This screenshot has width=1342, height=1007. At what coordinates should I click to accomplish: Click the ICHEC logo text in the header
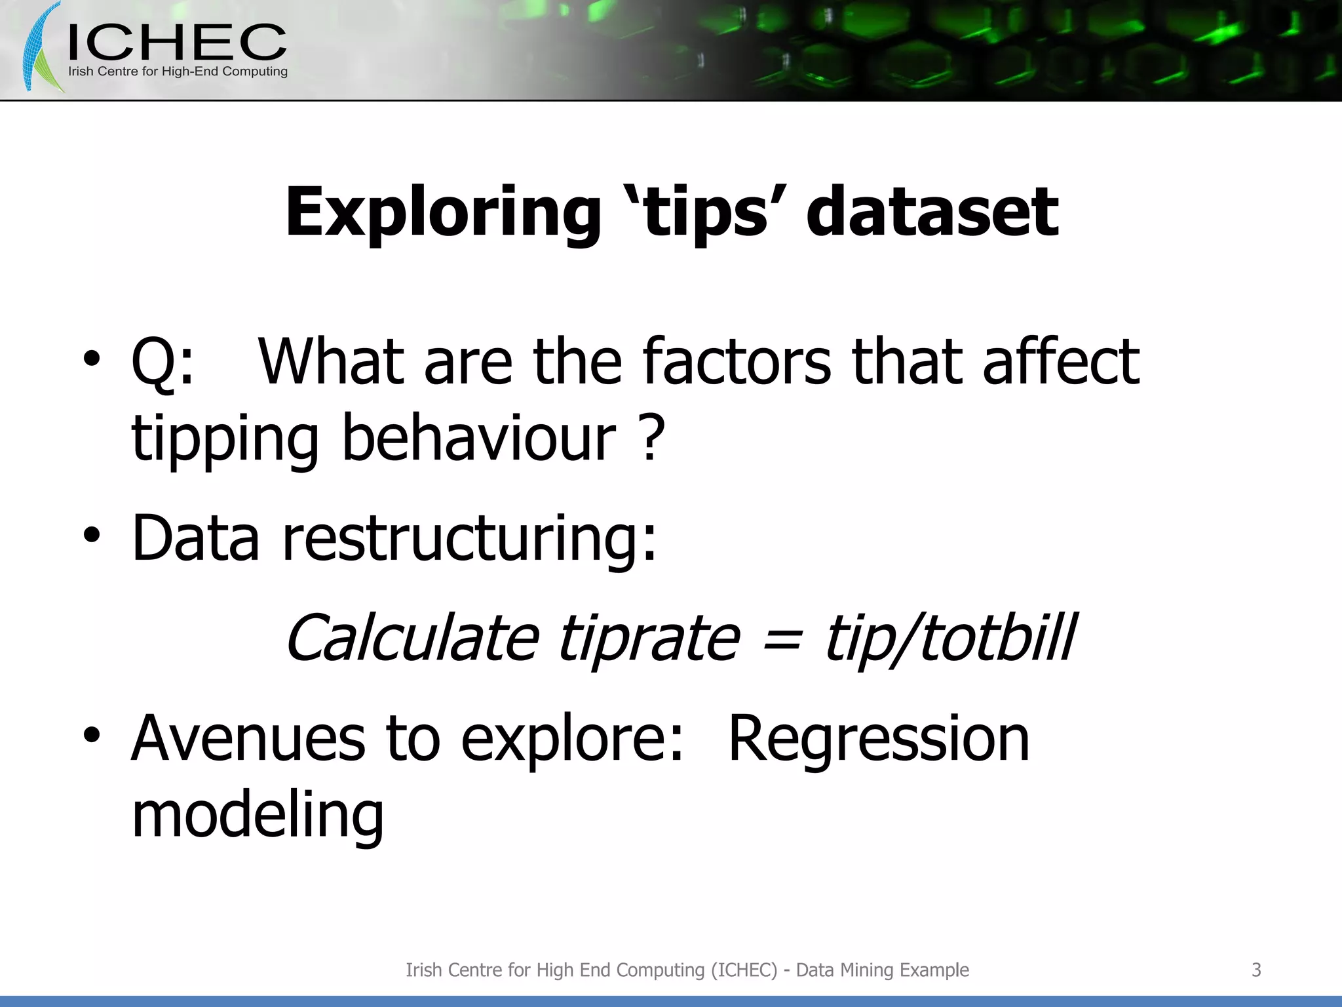177,43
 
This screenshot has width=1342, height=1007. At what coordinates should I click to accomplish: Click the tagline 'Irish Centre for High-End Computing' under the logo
178,71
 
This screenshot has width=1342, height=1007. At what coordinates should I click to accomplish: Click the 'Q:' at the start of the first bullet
163,363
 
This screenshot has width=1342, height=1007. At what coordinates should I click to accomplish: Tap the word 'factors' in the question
737,361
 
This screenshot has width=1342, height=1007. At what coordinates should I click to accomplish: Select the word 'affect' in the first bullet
1061,361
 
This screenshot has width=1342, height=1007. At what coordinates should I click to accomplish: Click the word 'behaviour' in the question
478,438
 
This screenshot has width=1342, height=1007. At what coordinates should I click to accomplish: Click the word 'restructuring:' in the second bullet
469,539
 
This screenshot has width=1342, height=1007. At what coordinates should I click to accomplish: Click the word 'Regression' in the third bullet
879,739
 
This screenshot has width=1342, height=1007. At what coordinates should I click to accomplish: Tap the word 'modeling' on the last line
258,815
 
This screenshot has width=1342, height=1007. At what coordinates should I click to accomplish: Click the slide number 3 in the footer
1256,970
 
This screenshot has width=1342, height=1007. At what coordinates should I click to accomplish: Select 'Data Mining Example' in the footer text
882,970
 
